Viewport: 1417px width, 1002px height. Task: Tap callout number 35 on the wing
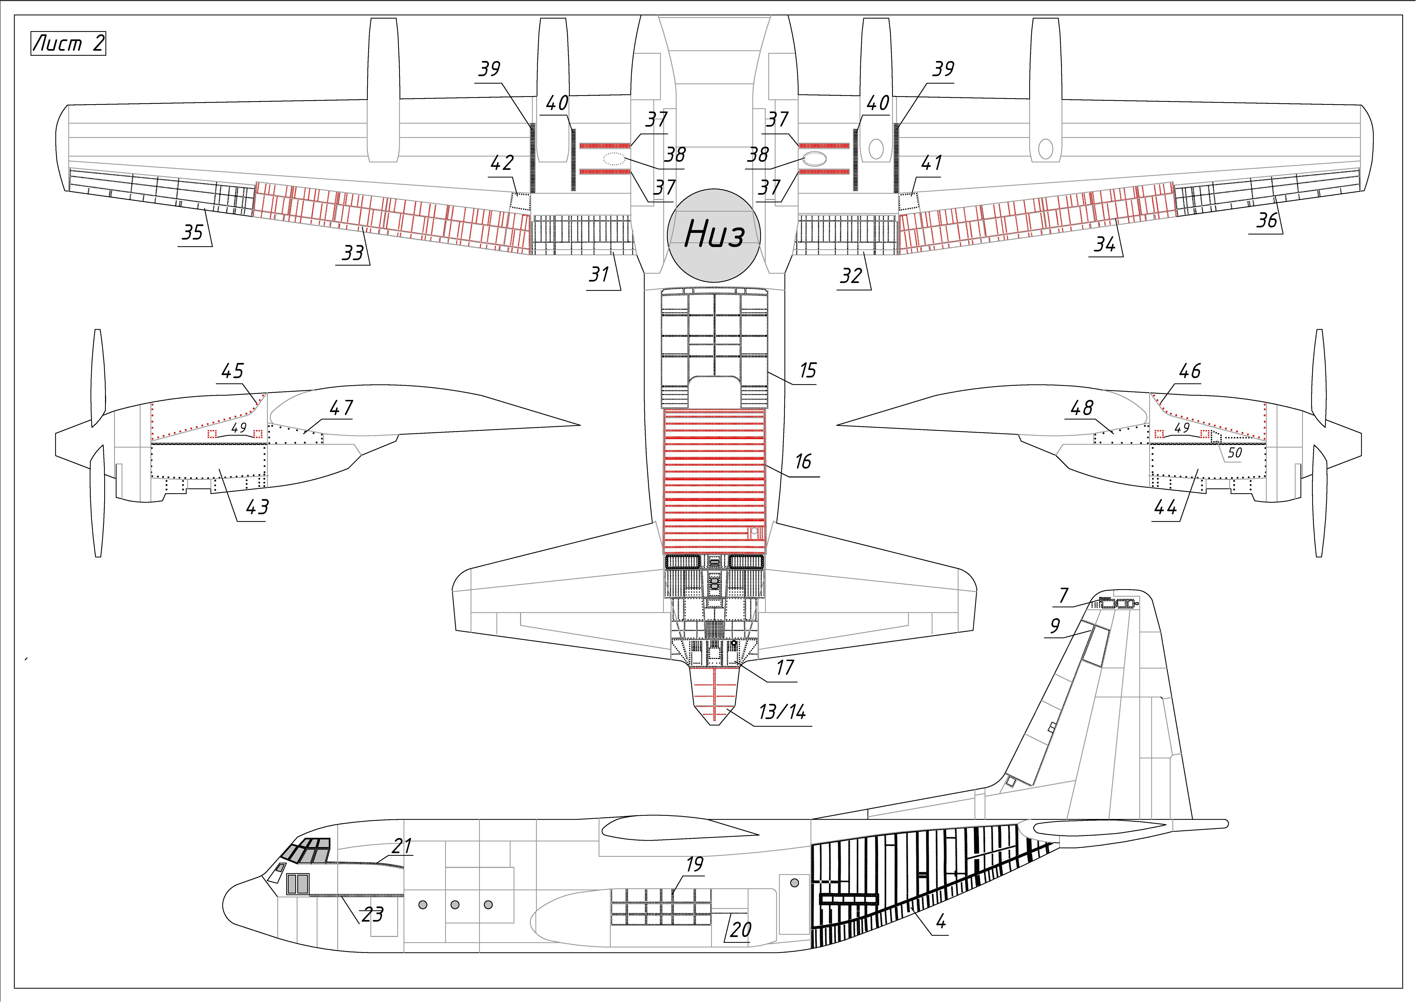pyautogui.click(x=192, y=233)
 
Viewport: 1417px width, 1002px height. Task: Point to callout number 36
pyautogui.click(x=1266, y=220)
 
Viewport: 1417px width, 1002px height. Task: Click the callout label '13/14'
pyautogui.click(x=782, y=712)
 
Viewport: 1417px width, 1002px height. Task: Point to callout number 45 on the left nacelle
pyautogui.click(x=233, y=371)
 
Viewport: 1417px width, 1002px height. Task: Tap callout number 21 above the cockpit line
pyautogui.click(x=402, y=846)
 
